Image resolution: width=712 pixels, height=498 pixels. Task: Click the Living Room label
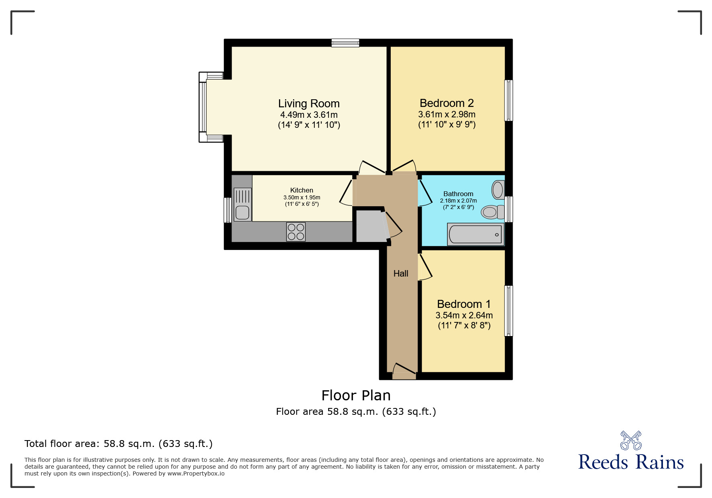(x=309, y=104)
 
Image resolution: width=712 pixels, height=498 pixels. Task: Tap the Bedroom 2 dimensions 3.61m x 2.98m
(x=447, y=115)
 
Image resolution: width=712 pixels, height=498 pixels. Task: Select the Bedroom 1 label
(x=464, y=304)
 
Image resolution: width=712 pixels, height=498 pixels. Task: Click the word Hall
(x=401, y=274)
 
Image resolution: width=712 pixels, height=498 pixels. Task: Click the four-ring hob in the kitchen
(x=296, y=232)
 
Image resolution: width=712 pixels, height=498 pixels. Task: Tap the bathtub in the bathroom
(x=475, y=235)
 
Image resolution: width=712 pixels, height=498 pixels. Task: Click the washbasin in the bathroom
(x=498, y=190)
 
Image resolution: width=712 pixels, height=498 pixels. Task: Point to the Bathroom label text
(x=458, y=194)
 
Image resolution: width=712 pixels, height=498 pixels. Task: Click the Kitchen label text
(x=302, y=190)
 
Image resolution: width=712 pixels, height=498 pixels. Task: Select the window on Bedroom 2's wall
(x=509, y=100)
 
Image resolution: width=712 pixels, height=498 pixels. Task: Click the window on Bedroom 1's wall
(x=509, y=311)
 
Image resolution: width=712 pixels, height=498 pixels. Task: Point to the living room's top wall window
(x=345, y=43)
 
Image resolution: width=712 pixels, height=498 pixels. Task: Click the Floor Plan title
(x=356, y=396)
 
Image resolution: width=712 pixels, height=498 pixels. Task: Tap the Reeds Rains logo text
(x=630, y=462)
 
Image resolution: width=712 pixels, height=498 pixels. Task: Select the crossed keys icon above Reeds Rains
(x=631, y=440)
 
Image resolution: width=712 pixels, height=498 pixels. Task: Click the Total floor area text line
(x=119, y=444)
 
